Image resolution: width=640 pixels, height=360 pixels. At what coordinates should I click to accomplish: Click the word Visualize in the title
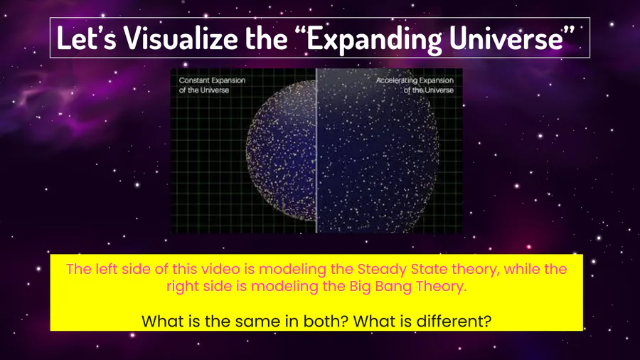coord(181,38)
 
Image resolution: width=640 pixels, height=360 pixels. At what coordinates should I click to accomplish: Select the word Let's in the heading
coord(86,38)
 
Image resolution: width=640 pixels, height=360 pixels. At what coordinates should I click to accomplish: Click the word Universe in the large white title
coord(506,38)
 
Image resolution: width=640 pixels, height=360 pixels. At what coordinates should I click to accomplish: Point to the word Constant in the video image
coord(194,80)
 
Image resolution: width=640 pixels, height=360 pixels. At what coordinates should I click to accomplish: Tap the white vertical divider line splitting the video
coord(316,151)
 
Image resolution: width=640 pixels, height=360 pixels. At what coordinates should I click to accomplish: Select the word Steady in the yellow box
coord(382,270)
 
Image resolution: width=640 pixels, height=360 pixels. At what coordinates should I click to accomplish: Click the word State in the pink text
coord(429,269)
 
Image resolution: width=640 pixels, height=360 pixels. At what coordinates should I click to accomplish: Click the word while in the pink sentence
coord(520,269)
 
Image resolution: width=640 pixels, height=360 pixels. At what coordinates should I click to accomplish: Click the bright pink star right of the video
coord(529,247)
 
